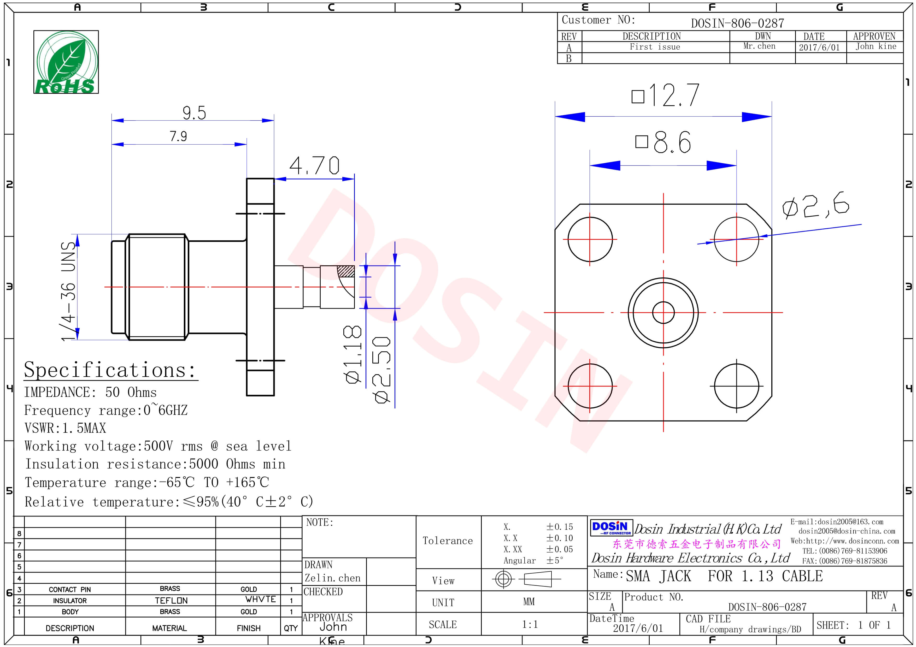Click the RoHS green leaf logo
66,62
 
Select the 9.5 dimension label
194,113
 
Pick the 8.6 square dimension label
663,142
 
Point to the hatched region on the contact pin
345,271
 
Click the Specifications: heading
110,370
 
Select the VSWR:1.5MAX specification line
66,428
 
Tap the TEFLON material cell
171,600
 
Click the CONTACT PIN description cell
70,590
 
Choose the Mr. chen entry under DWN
759,46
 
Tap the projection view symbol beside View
527,579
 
